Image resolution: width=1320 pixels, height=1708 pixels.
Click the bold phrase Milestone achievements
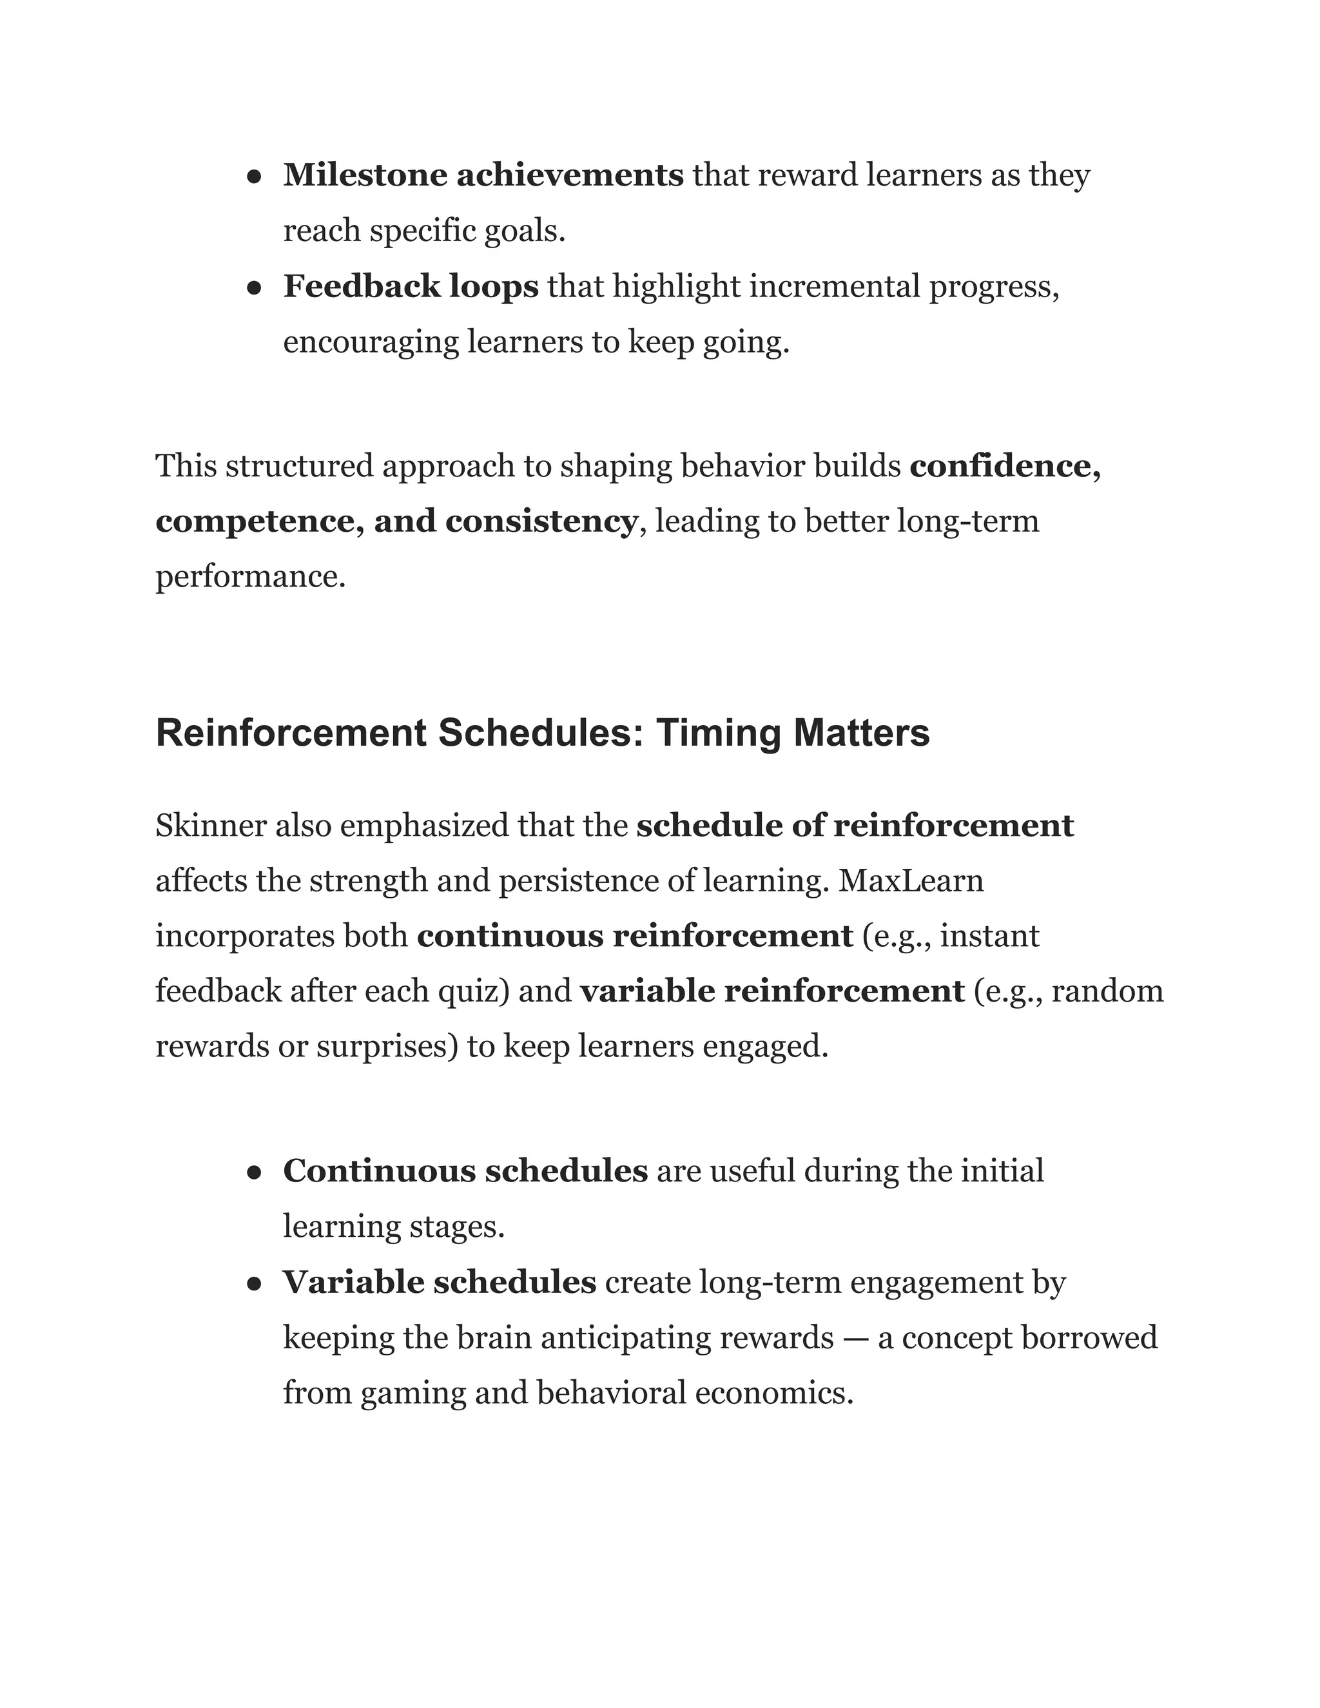point(483,175)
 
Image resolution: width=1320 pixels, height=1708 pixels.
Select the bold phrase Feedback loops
point(411,286)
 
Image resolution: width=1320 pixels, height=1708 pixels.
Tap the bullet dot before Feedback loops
point(253,289)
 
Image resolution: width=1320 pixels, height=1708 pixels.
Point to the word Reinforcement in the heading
point(291,733)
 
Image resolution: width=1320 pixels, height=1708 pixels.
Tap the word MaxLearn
point(911,881)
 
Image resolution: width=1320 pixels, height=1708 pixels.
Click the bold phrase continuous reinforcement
point(634,936)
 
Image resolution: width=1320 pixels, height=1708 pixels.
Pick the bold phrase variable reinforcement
point(772,992)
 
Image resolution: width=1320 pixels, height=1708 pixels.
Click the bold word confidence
point(1005,466)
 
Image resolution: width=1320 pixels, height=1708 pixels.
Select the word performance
point(249,577)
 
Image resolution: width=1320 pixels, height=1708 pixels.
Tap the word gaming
point(413,1394)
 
